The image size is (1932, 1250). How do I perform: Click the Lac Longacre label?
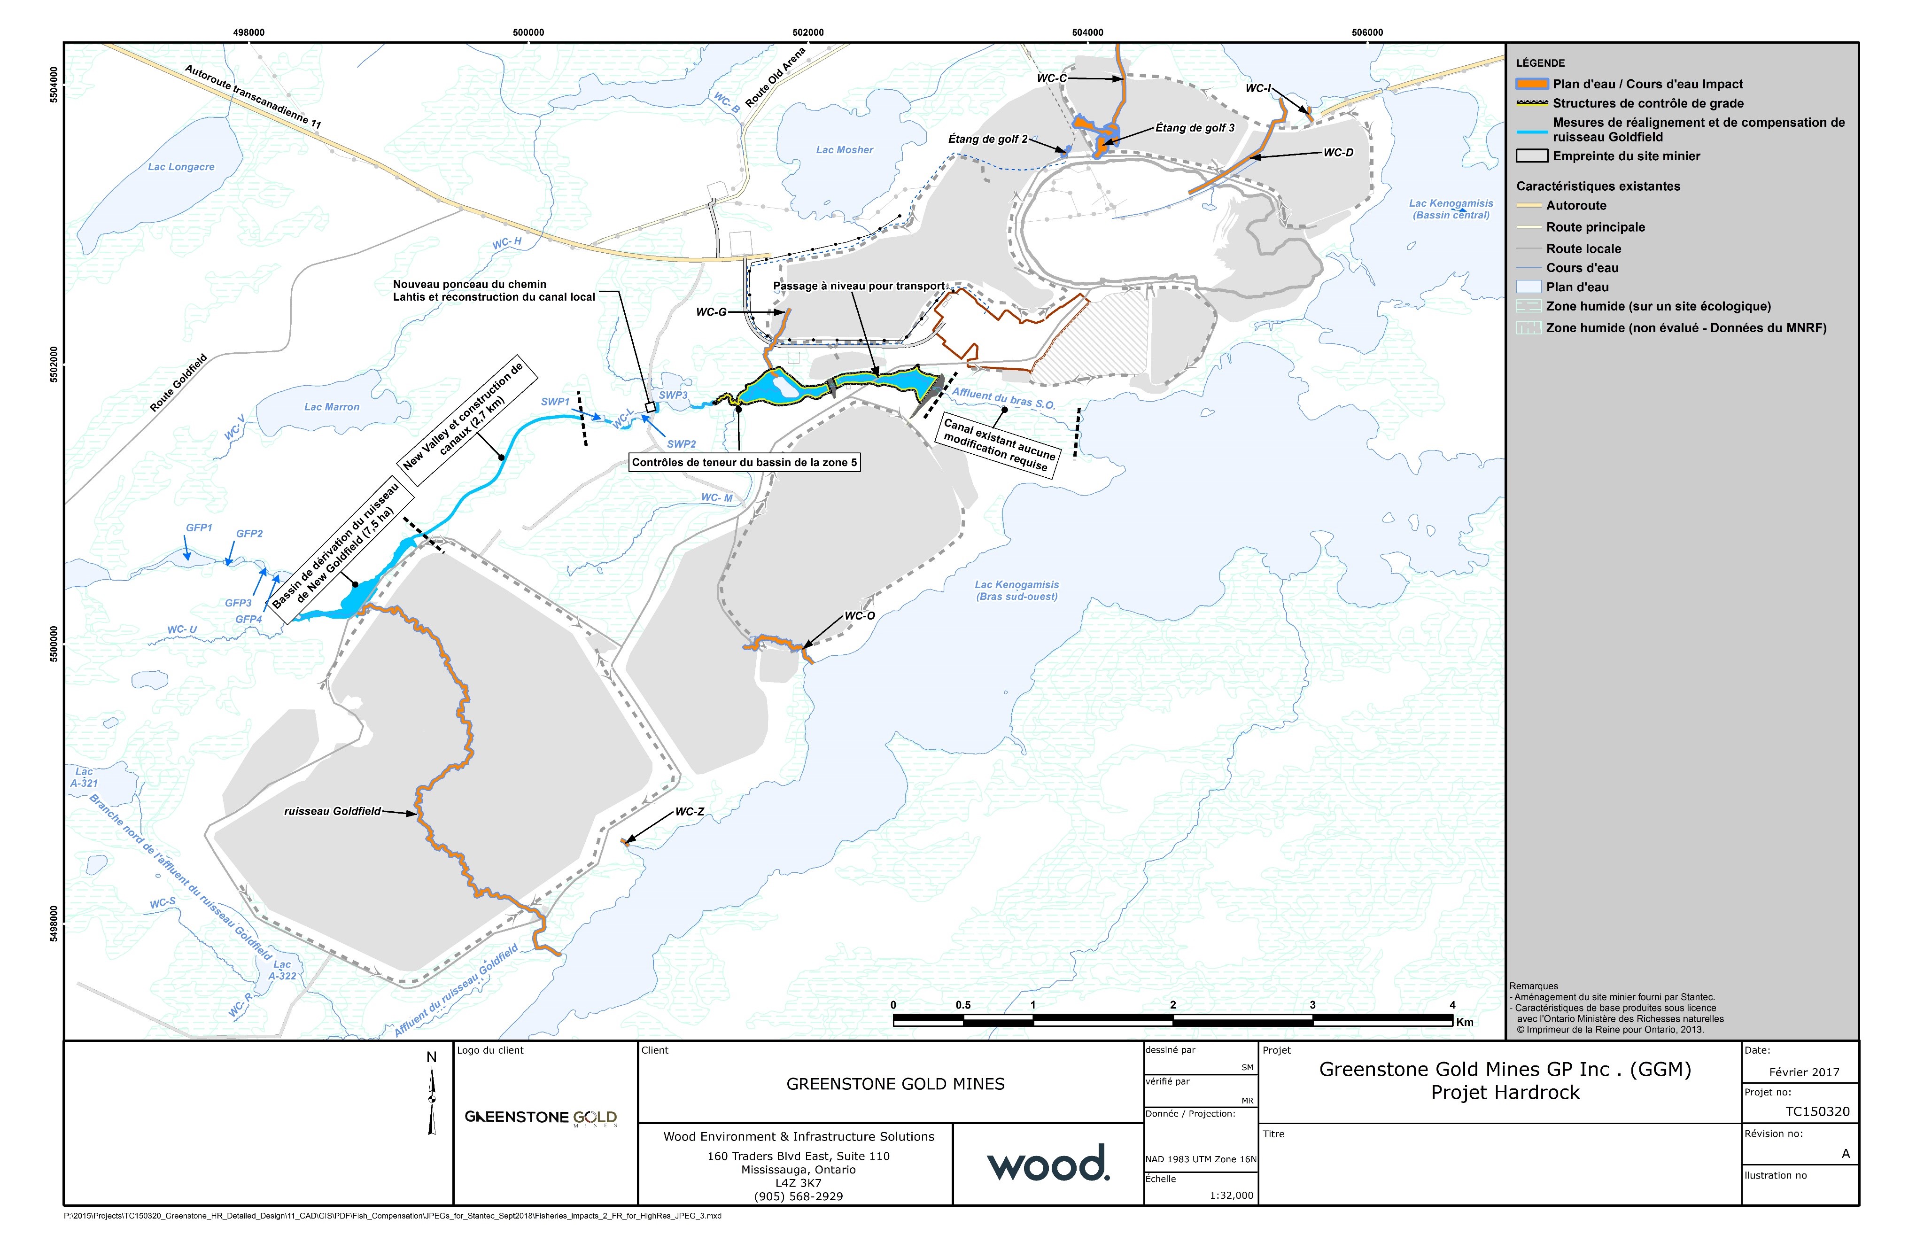click(x=181, y=167)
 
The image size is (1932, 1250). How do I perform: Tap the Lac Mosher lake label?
click(x=844, y=150)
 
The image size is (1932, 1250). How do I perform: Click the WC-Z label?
click(x=689, y=812)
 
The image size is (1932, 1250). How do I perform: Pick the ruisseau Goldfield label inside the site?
click(x=332, y=811)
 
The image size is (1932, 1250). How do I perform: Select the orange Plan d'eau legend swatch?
click(x=1532, y=84)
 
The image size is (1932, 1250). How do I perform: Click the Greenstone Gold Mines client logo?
click(x=540, y=1118)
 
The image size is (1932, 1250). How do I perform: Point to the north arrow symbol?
click(x=432, y=1096)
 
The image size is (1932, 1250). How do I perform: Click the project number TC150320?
click(x=1817, y=1112)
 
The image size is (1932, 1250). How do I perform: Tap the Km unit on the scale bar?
click(x=1465, y=1022)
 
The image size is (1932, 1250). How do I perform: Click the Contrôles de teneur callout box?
click(x=744, y=463)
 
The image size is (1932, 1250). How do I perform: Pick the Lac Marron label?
click(x=331, y=407)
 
